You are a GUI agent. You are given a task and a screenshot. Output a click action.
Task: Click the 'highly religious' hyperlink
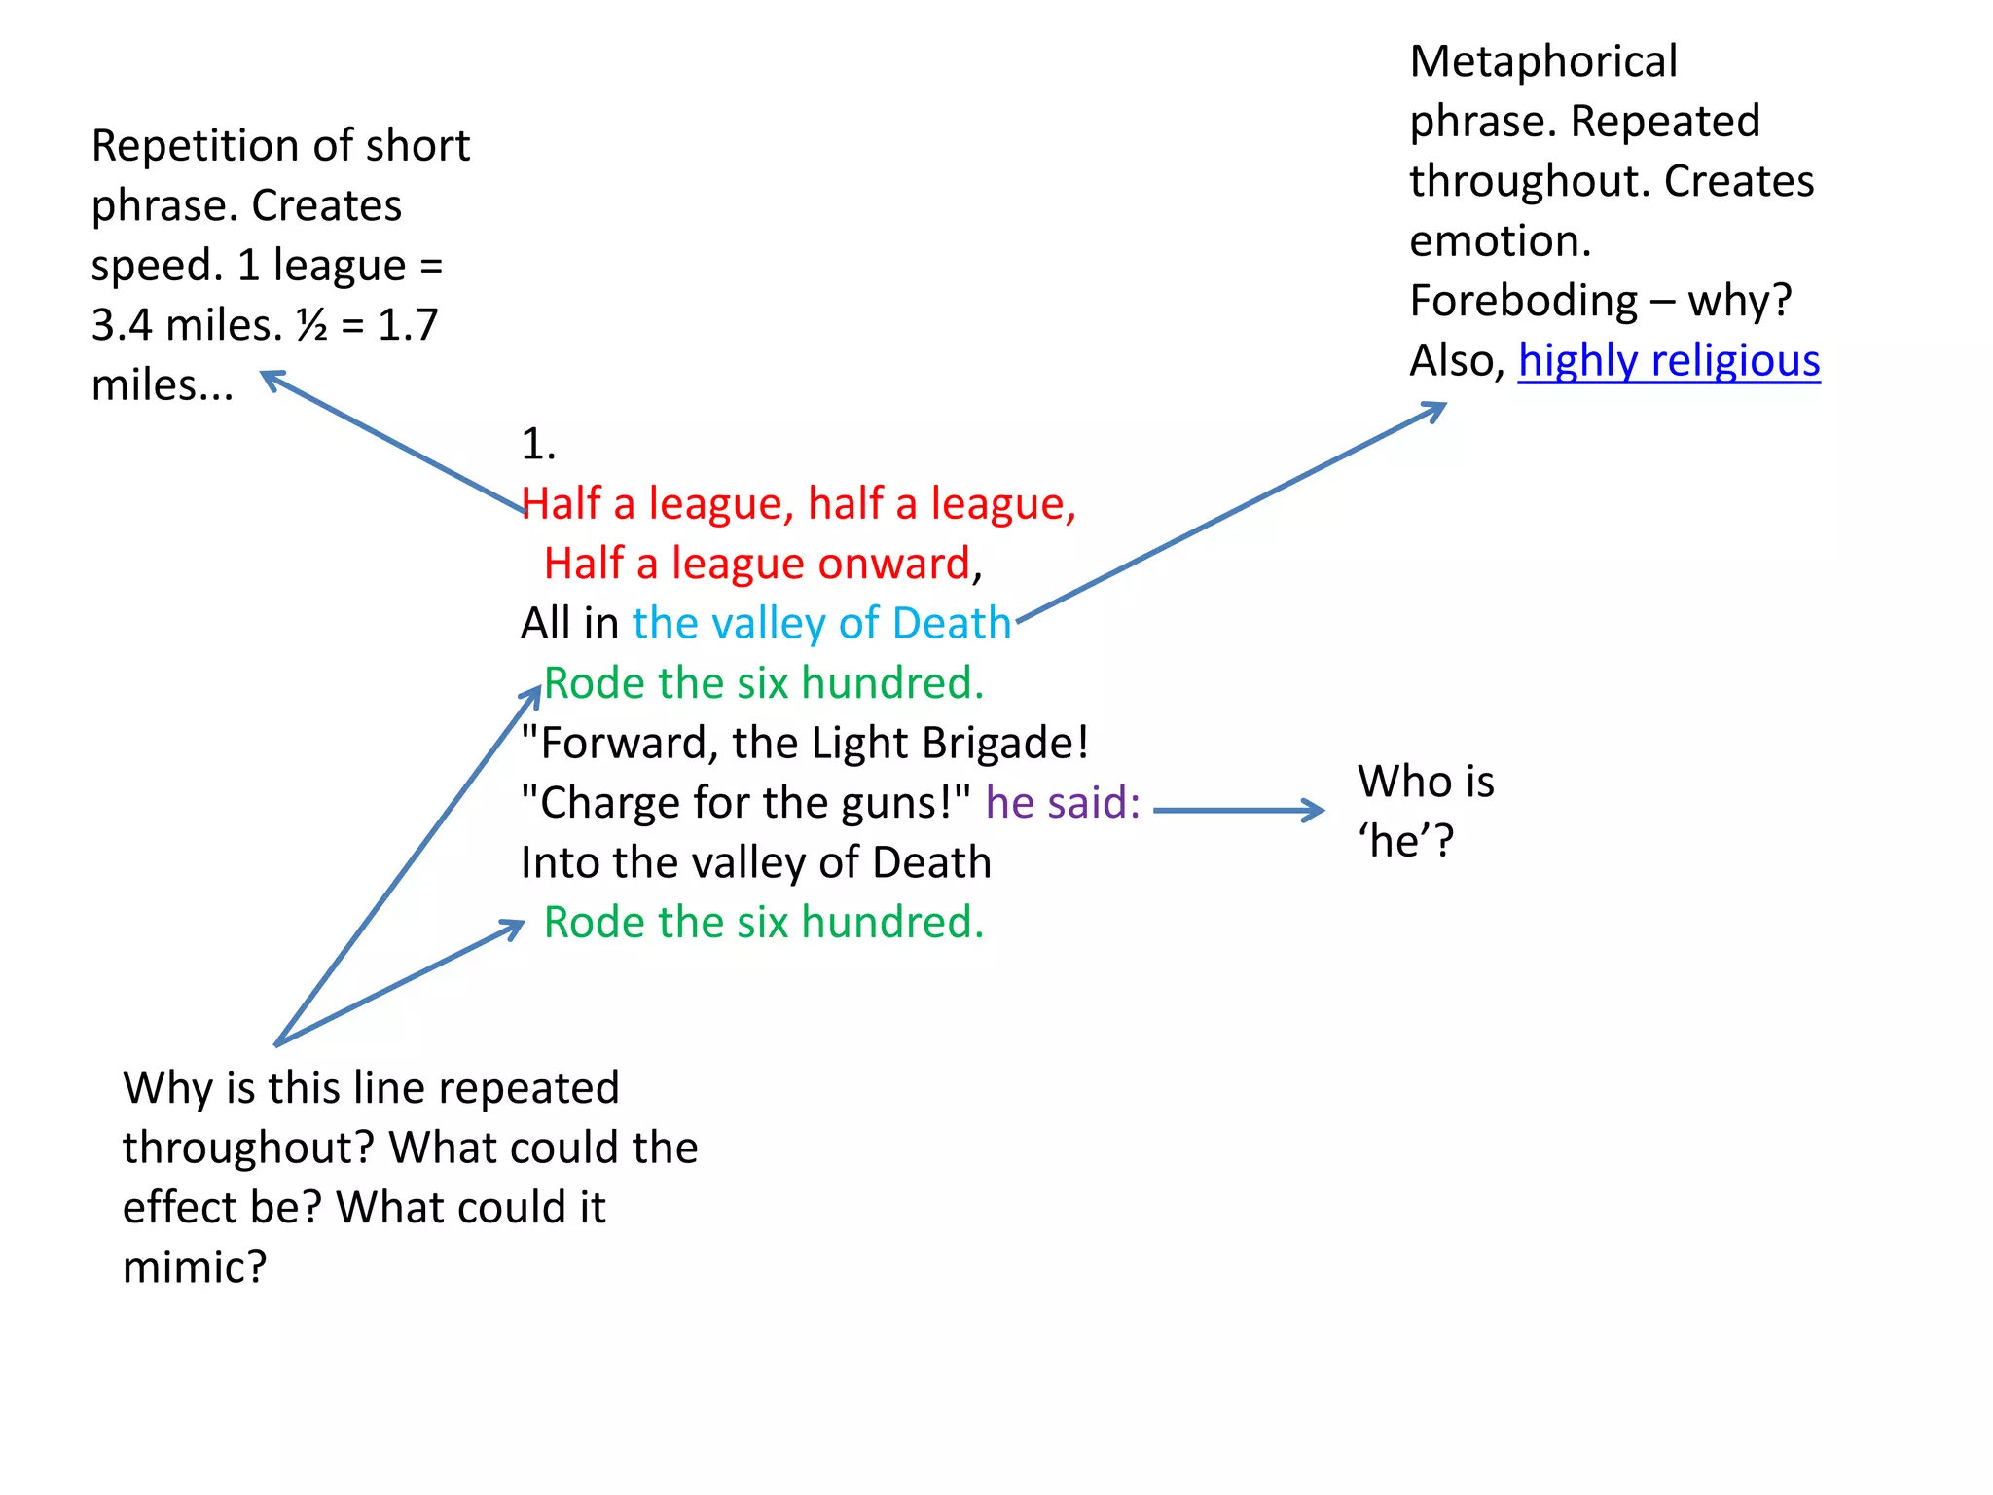[x=1668, y=361]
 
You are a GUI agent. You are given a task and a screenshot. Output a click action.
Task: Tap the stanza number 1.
[x=538, y=445]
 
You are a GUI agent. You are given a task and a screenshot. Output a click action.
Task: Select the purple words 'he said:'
[x=1062, y=803]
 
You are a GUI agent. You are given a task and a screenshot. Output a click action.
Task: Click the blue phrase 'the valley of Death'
[x=821, y=624]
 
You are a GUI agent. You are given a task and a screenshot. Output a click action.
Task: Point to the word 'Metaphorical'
[x=1542, y=62]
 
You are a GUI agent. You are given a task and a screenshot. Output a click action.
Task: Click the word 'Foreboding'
[x=1523, y=301]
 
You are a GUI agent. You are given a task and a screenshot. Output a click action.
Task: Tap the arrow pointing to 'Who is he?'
[x=1238, y=810]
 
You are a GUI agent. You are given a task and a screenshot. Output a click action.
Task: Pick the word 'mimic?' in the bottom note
[x=195, y=1267]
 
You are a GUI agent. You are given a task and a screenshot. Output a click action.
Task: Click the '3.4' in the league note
[x=122, y=325]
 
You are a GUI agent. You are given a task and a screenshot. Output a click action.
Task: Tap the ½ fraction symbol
[x=312, y=325]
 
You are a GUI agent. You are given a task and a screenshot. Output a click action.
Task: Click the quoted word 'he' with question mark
[x=1404, y=841]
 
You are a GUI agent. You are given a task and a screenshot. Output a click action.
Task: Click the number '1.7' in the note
[x=408, y=325]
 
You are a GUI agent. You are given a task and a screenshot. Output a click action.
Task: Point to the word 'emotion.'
[x=1500, y=241]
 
